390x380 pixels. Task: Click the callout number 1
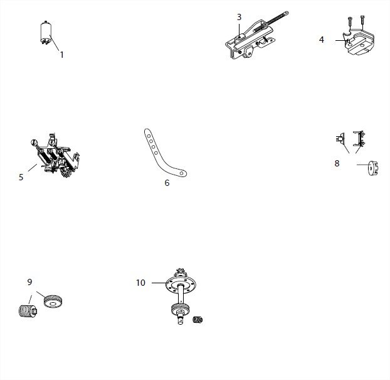[x=62, y=55]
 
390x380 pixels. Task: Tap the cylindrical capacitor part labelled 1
[x=46, y=33]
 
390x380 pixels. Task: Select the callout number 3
[x=239, y=17]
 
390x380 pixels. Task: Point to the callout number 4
[x=322, y=40]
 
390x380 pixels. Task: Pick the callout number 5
[x=21, y=177]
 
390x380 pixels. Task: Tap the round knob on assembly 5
[x=34, y=143]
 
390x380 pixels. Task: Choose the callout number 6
[x=167, y=183]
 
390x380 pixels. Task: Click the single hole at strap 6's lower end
[x=182, y=173]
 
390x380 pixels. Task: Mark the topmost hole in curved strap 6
[x=149, y=136]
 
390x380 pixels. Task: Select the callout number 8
[x=337, y=163]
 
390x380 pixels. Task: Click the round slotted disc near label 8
[x=373, y=168]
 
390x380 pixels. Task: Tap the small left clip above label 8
[x=340, y=138]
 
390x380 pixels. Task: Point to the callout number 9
[x=29, y=282]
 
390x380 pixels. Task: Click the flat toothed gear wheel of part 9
[x=53, y=301]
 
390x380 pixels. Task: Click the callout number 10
[x=140, y=283]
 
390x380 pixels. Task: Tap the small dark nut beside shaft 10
[x=198, y=320]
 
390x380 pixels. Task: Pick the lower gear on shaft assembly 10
[x=180, y=309]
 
